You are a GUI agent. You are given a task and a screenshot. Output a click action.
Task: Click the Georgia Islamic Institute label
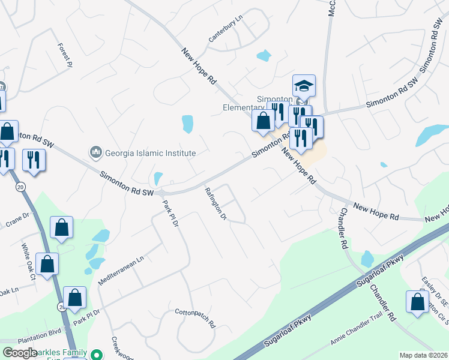pyautogui.click(x=151, y=153)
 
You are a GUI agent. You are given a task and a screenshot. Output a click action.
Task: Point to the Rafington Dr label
pyautogui.click(x=215, y=204)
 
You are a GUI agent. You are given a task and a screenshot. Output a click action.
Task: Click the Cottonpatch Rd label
pyautogui.click(x=195, y=318)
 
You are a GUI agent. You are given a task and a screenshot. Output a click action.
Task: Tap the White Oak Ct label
pyautogui.click(x=29, y=262)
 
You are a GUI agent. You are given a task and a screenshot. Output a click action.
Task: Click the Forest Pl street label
pyautogui.click(x=65, y=55)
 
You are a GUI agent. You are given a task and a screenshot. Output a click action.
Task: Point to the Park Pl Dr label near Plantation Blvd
pyautogui.click(x=86, y=317)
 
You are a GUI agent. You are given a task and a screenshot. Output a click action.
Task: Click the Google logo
pyautogui.click(x=20, y=353)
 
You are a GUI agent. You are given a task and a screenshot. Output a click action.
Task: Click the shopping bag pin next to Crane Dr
pyautogui.click(x=61, y=227)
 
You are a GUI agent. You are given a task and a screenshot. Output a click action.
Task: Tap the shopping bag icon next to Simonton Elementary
pyautogui.click(x=263, y=120)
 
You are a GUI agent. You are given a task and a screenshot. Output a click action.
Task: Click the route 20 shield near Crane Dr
pyautogui.click(x=20, y=187)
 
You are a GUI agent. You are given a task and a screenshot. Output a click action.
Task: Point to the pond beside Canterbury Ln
pyautogui.click(x=264, y=56)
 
